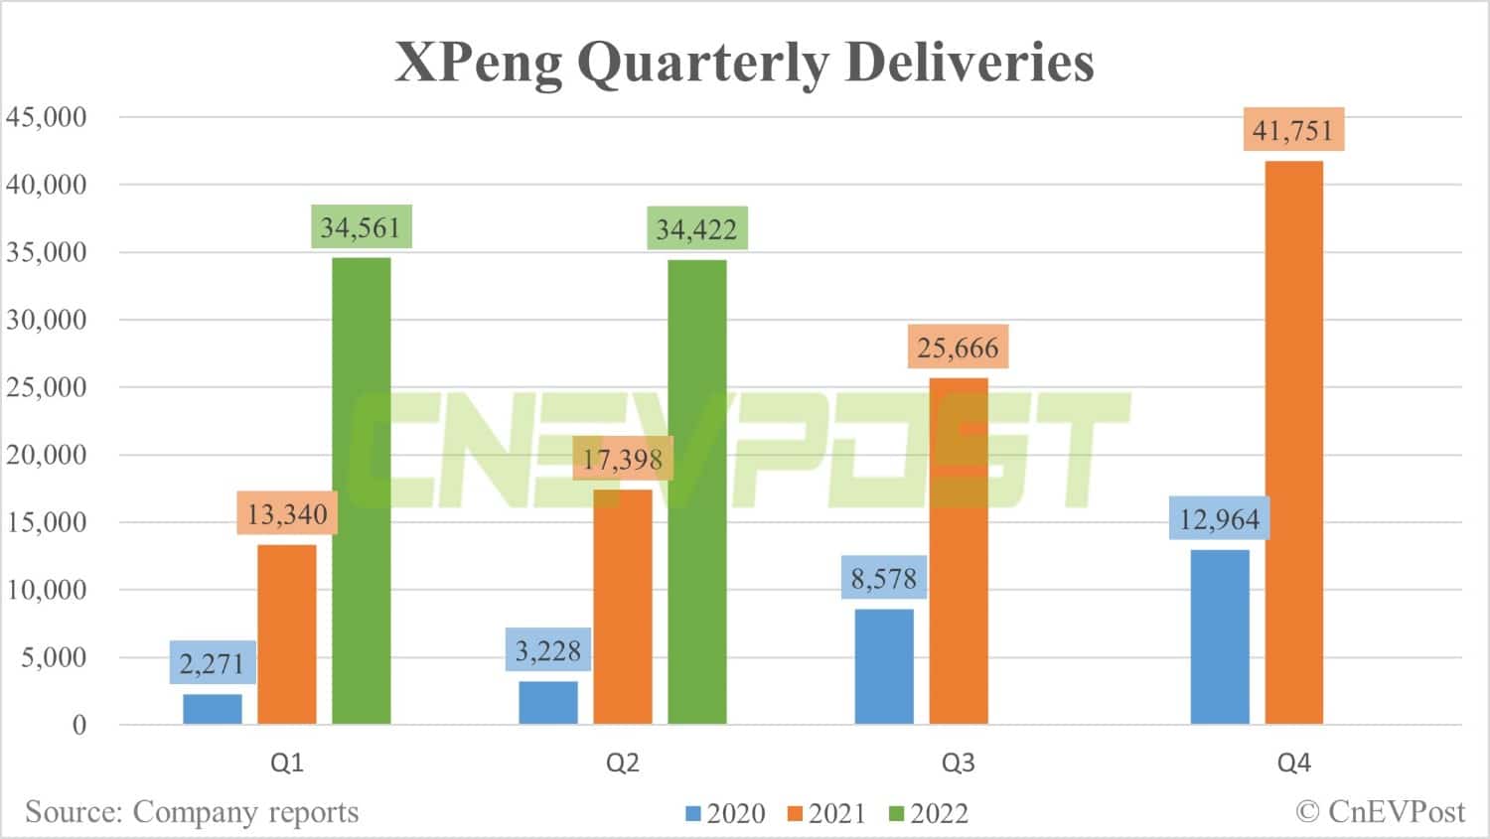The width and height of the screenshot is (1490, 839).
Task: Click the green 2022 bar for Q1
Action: click(361, 490)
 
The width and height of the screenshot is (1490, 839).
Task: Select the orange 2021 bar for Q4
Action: click(1293, 442)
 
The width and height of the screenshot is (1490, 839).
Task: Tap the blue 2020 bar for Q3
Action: click(883, 666)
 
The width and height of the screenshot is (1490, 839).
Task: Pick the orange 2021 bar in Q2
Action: click(623, 607)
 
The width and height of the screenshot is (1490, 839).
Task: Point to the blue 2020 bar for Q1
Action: click(213, 709)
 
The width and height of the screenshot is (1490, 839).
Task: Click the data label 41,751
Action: click(1292, 130)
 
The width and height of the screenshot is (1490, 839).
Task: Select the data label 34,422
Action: click(696, 229)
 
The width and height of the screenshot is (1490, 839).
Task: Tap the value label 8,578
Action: click(883, 578)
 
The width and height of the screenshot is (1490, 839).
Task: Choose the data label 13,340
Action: click(287, 514)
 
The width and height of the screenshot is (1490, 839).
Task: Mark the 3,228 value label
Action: click(548, 650)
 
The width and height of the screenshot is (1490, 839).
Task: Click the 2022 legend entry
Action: click(929, 813)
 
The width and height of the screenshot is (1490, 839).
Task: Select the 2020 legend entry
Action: click(726, 813)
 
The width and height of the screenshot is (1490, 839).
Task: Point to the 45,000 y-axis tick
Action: click(47, 117)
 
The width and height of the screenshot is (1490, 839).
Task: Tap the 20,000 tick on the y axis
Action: click(47, 455)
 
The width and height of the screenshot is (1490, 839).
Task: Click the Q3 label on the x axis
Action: click(958, 763)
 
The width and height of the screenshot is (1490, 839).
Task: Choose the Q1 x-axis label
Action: click(287, 763)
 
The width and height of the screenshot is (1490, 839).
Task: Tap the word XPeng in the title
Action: click(479, 64)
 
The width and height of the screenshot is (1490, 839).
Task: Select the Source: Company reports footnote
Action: click(192, 812)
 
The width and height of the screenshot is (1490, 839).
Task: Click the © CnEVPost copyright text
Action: click(1380, 812)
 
